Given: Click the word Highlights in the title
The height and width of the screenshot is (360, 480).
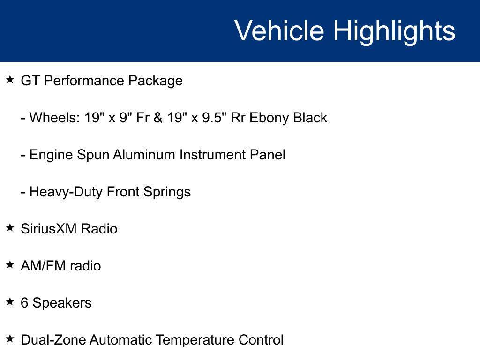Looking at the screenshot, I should (x=394, y=31).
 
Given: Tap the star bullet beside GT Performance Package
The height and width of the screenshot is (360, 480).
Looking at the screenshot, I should (x=10, y=80).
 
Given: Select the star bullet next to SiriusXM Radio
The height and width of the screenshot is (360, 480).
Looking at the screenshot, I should (x=10, y=228).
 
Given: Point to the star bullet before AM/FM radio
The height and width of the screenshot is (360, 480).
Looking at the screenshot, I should (x=10, y=265).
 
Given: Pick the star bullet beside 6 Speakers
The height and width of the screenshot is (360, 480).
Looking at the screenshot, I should (x=10, y=302).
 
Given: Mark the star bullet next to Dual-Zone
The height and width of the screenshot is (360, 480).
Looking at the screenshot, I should (x=10, y=339).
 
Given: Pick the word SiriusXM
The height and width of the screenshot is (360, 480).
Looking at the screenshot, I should (x=49, y=229).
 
